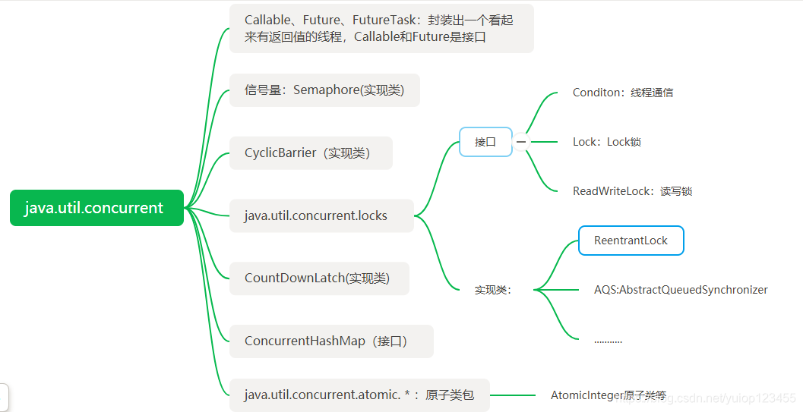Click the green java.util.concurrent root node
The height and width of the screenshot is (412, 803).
96,208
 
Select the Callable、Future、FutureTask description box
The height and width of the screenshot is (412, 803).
381,29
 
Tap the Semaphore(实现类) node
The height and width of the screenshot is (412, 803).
324,90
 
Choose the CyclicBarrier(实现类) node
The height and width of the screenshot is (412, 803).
311,153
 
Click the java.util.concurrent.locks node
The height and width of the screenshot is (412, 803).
321,216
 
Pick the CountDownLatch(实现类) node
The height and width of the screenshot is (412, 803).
319,278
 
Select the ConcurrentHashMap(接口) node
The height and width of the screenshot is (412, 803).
331,341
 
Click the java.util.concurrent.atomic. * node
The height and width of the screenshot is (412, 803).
359,395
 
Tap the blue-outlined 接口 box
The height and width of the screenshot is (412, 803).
485,142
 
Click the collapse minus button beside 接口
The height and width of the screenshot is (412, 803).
521,142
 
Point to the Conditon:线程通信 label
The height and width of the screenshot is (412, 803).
622,93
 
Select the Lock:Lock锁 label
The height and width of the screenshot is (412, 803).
606,142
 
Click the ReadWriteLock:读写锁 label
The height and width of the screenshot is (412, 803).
632,191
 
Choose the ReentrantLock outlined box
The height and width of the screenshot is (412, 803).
631,241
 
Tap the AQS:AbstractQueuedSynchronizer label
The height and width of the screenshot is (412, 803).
681,290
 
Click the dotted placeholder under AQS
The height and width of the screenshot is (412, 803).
608,341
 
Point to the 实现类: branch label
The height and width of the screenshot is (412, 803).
493,290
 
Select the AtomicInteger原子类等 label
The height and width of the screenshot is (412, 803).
608,395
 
